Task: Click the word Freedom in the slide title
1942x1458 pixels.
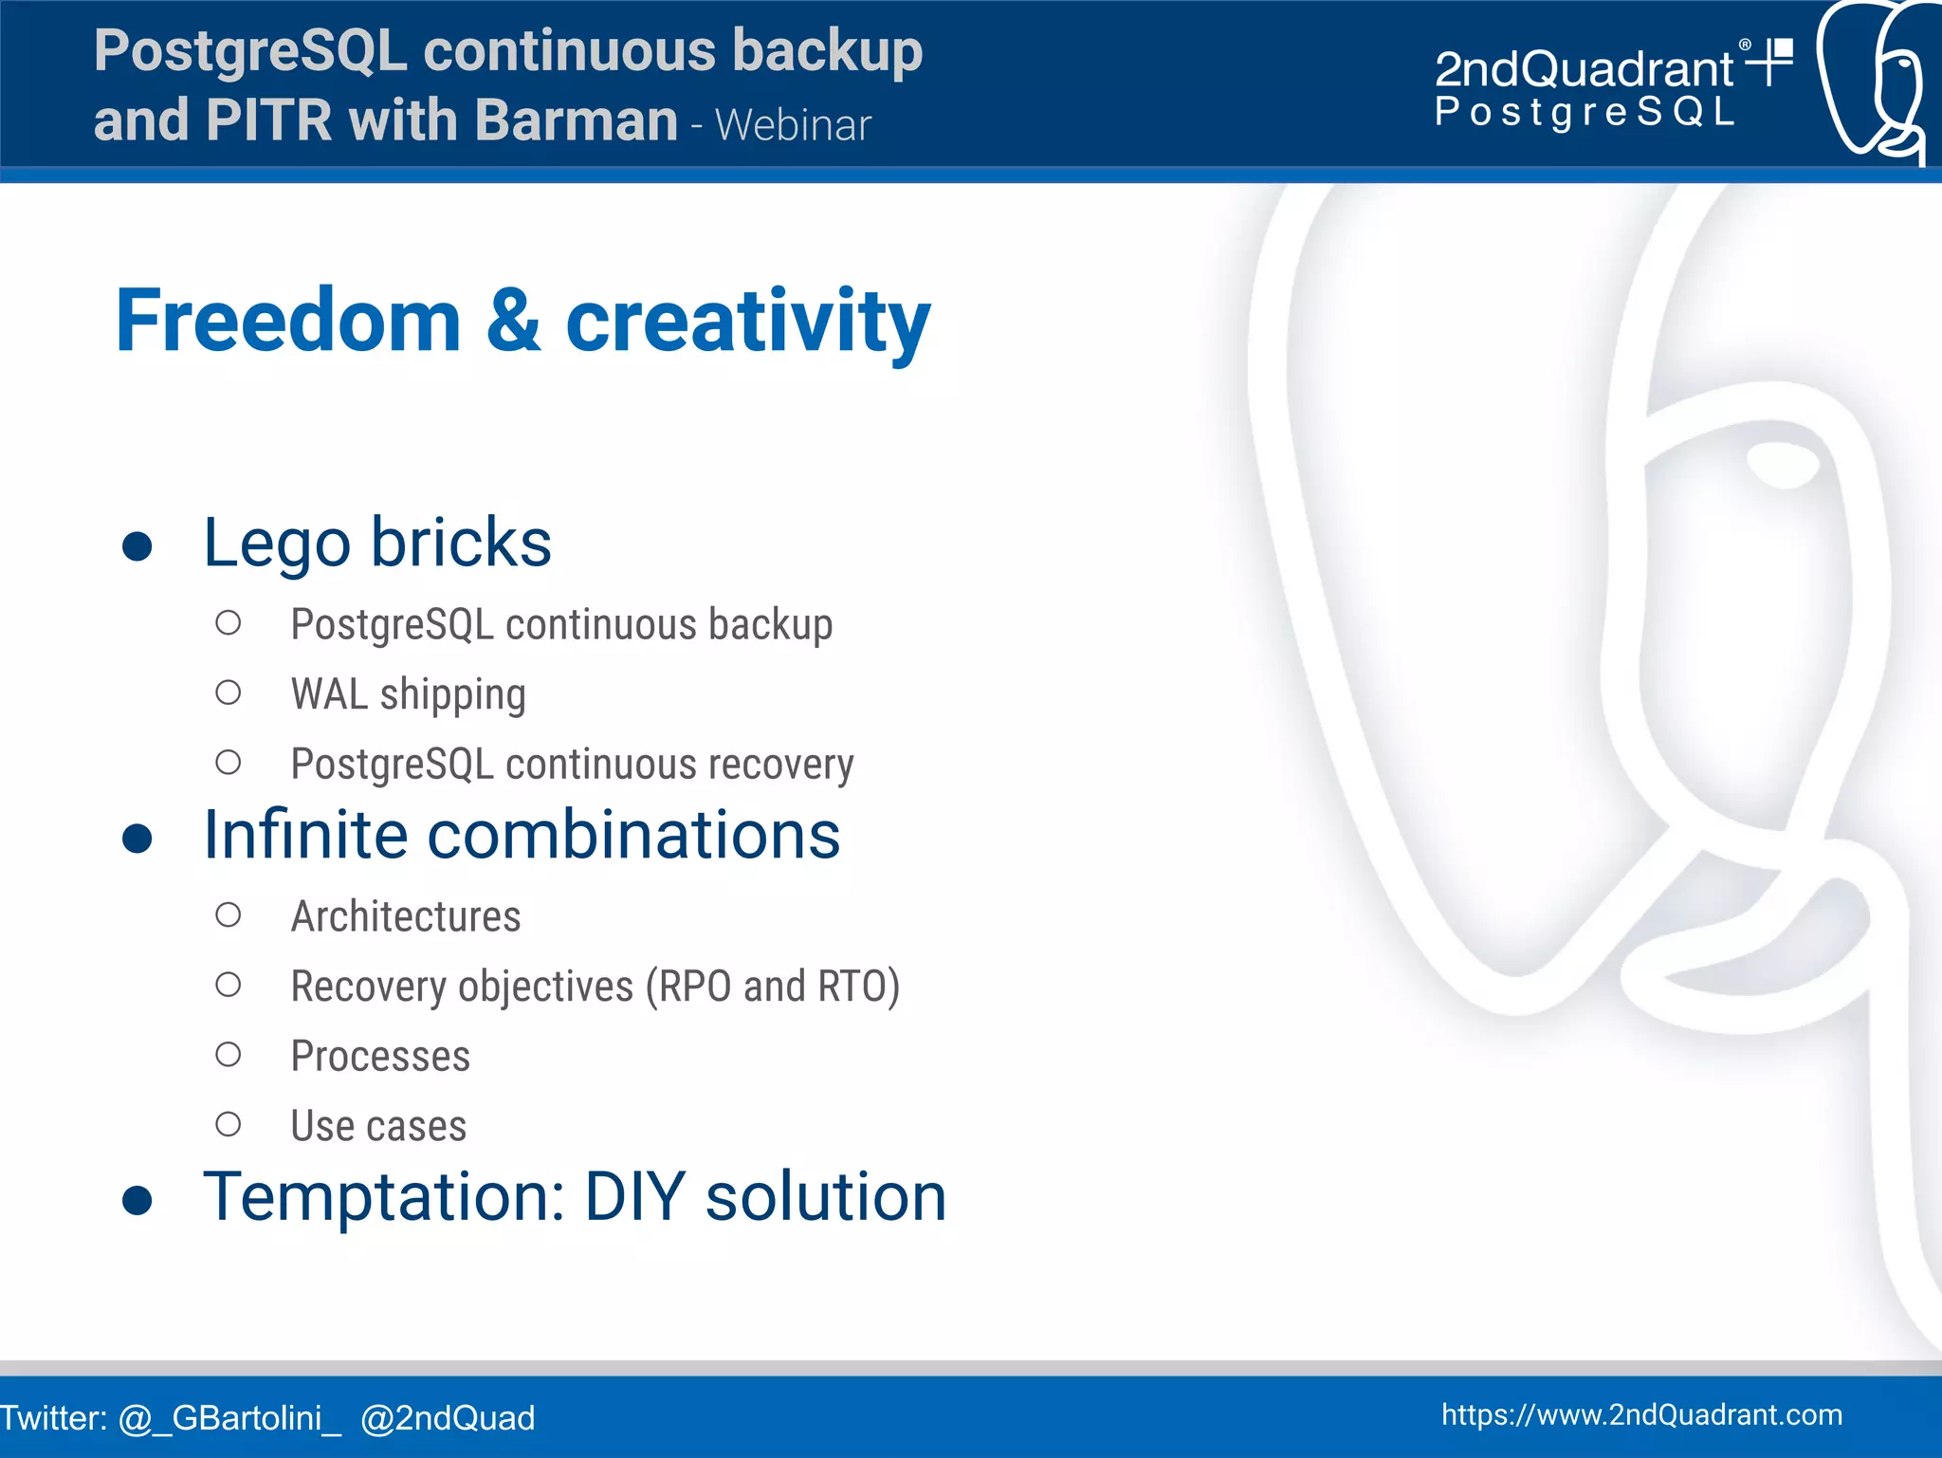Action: tap(287, 323)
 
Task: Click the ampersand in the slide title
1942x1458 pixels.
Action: tap(513, 323)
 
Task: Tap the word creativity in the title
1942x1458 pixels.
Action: tap(747, 323)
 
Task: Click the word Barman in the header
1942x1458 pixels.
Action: tap(576, 121)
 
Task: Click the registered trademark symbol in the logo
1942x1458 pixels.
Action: tap(1745, 45)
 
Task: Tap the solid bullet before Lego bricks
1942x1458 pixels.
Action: tap(137, 546)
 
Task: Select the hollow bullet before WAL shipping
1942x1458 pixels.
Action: tap(228, 693)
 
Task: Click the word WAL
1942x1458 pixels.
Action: tap(329, 694)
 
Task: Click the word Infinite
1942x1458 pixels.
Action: tap(305, 836)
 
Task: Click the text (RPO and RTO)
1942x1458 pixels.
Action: tap(772, 987)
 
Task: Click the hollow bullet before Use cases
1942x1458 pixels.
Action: tap(228, 1125)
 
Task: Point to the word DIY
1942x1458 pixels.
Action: tap(633, 1197)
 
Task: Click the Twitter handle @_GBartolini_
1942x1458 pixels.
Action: tap(229, 1418)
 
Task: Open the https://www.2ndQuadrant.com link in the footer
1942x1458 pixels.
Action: tap(1641, 1415)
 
